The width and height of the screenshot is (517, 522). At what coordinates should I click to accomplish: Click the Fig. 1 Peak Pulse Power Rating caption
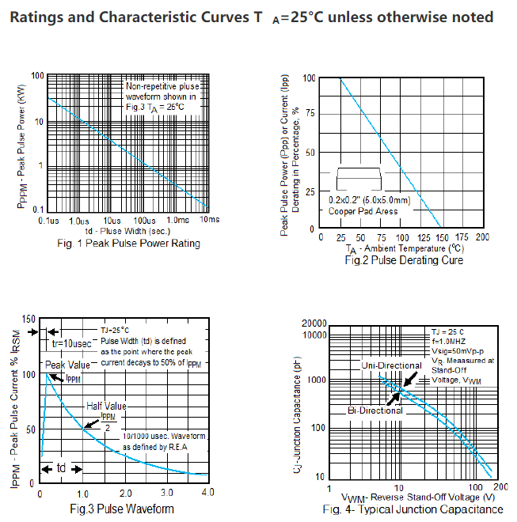tap(129, 244)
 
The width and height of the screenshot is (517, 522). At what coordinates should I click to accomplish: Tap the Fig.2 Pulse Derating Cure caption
tap(404, 260)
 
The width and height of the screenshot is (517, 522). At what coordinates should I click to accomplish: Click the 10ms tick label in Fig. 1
tap(209, 219)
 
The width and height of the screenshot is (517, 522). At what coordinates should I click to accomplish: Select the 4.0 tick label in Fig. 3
tap(207, 493)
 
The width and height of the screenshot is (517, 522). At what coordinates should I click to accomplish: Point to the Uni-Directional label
tap(391, 365)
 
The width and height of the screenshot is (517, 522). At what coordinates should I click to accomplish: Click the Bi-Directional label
tap(375, 410)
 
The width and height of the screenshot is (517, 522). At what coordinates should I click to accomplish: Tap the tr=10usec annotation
tap(71, 345)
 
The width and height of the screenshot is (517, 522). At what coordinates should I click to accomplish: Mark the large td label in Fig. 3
tap(61, 468)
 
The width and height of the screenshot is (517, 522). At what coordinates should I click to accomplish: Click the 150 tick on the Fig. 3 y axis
tap(29, 319)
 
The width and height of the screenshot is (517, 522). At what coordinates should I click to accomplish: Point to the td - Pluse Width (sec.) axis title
tap(128, 230)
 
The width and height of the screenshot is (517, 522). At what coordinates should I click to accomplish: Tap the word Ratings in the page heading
tap(44, 17)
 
